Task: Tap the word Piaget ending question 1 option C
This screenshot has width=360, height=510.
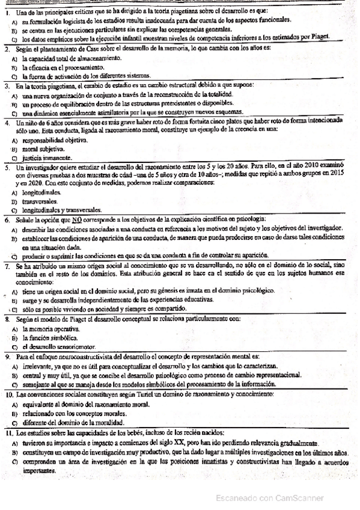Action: click(337, 37)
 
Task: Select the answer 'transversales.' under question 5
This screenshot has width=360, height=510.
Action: click(41, 201)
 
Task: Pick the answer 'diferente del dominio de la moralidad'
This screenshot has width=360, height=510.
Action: click(73, 422)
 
